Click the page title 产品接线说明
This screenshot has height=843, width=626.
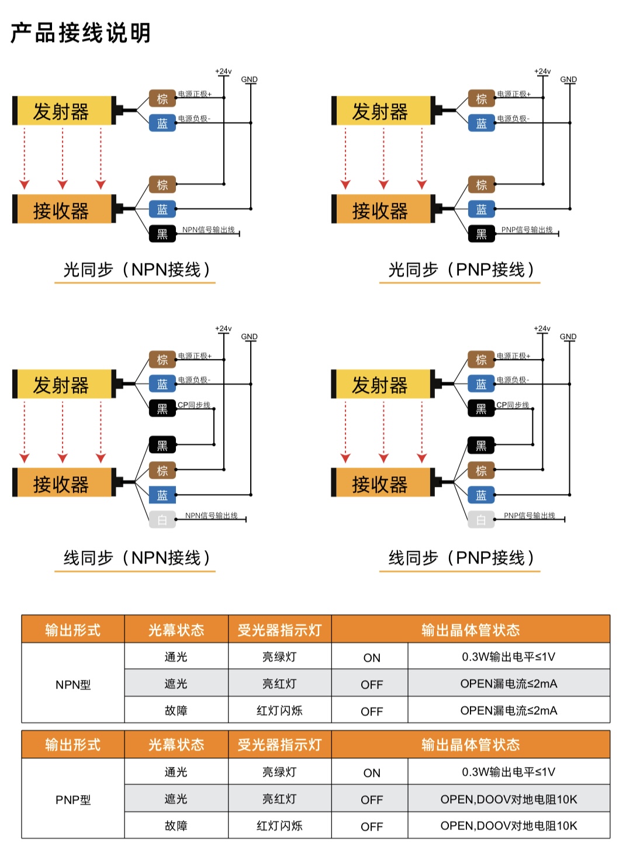pos(81,33)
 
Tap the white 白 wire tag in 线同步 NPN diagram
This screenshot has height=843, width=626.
pos(162,520)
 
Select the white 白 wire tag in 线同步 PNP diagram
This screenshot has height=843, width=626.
pos(481,520)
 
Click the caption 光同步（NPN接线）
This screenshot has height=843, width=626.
pos(136,270)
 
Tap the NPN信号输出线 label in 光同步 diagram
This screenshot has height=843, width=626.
pos(208,230)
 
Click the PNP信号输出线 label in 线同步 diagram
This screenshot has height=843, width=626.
pos(530,516)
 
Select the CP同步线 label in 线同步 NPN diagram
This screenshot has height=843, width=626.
pos(194,405)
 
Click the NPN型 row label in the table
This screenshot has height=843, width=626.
pos(73,685)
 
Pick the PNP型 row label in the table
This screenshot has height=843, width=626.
pos(73,800)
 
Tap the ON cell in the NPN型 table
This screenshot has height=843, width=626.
pos(372,658)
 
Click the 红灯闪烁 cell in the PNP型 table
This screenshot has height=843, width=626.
pos(279,825)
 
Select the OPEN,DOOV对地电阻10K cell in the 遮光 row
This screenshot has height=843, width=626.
pos(509,799)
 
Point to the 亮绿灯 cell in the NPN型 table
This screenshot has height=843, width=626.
pos(279,657)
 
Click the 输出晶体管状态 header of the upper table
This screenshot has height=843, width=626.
pos(471,630)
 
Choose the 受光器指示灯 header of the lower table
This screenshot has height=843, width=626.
pos(279,745)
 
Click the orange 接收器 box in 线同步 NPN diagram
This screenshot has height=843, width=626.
pos(62,484)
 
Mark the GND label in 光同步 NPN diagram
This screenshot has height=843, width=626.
pos(249,80)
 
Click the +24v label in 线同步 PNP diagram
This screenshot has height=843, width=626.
pos(542,329)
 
